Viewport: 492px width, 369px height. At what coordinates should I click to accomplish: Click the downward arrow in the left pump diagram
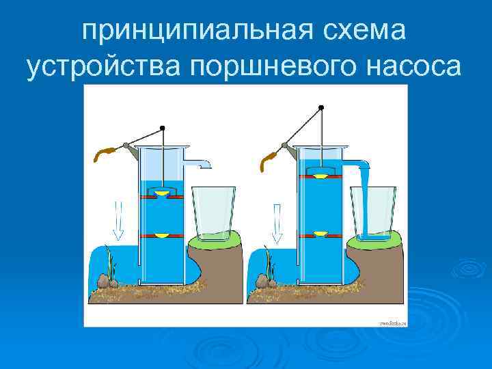[x=118, y=221]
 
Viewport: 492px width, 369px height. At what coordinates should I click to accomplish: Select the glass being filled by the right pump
[x=373, y=213]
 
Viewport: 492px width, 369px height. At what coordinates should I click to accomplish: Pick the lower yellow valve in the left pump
[x=161, y=235]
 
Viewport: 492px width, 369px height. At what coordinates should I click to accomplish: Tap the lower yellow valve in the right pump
[x=320, y=234]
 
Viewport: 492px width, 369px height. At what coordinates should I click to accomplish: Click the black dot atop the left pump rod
[x=162, y=128]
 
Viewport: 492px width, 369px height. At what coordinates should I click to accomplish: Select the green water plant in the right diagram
[x=270, y=266]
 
